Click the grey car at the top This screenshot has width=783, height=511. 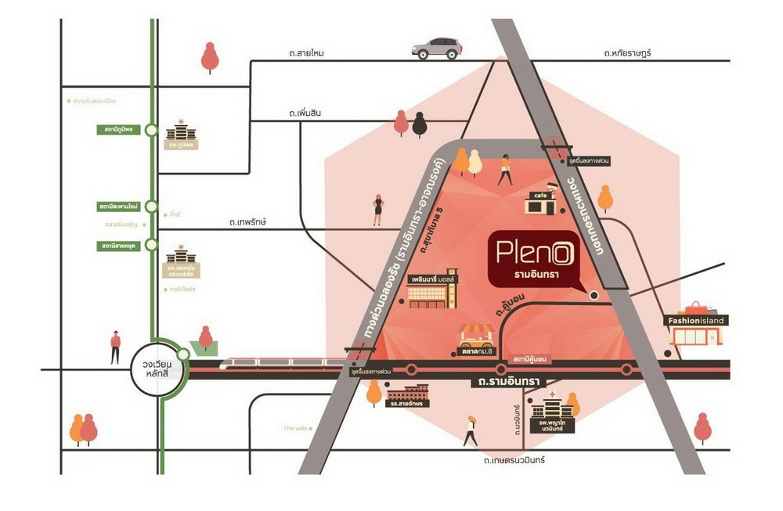(437, 48)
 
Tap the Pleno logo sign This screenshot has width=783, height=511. (532, 259)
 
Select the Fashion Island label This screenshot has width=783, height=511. (696, 320)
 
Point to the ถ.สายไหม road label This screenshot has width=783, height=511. (305, 53)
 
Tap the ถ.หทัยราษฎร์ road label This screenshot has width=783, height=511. (627, 53)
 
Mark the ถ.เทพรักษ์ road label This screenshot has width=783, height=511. (248, 222)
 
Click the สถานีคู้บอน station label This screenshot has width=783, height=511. (530, 358)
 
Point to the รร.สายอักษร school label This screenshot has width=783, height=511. (405, 404)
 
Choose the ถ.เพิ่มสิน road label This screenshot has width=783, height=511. (305, 113)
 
